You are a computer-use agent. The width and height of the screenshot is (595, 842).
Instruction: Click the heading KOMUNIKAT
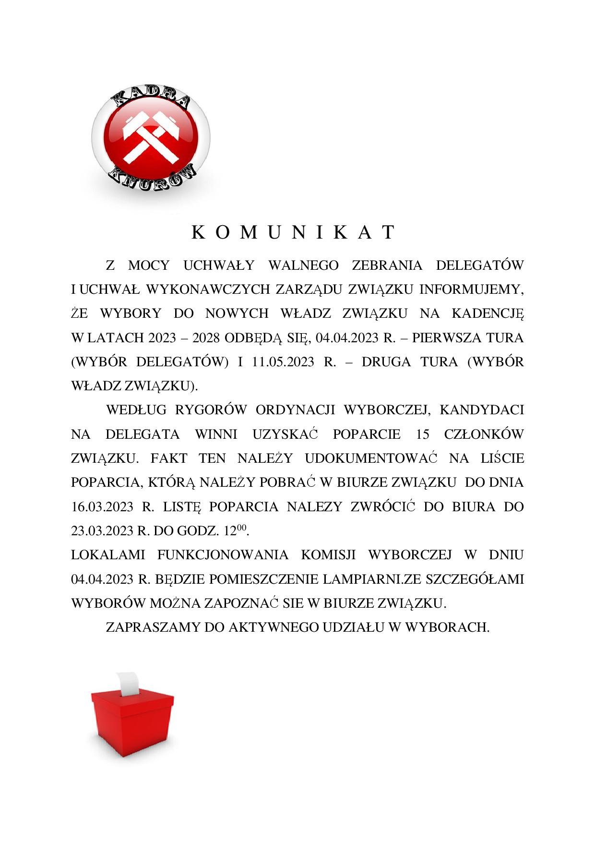pyautogui.click(x=294, y=232)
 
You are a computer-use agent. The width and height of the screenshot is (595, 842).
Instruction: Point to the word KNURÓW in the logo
pyautogui.click(x=154, y=178)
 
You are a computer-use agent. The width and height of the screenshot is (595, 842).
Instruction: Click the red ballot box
pyautogui.click(x=132, y=722)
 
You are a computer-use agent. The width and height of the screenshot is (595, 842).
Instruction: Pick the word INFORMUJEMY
pyautogui.click(x=471, y=289)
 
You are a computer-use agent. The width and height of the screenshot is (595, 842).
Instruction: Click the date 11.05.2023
pyautogui.click(x=283, y=361)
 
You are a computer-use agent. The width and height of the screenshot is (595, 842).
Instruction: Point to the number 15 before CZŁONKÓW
pyautogui.click(x=423, y=434)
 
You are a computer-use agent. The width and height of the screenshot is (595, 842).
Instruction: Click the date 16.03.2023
pyautogui.click(x=102, y=506)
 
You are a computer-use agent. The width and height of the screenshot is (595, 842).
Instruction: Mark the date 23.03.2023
pyautogui.click(x=102, y=531)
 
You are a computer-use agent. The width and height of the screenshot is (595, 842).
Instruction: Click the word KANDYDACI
pyautogui.click(x=481, y=410)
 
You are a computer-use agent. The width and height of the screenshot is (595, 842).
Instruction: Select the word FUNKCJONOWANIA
pyautogui.click(x=223, y=555)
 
